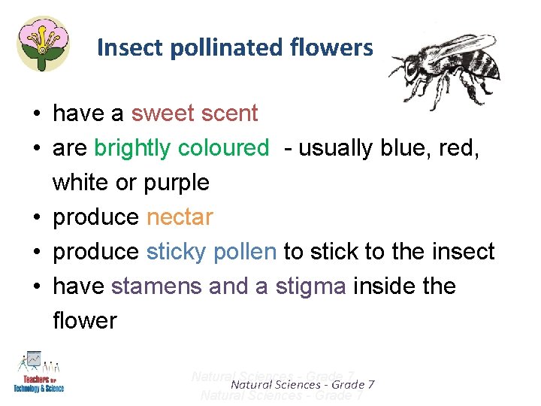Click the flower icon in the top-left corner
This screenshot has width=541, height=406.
[43, 43]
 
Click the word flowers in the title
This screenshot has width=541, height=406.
[335, 48]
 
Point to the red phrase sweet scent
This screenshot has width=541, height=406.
[194, 114]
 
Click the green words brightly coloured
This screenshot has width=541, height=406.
[181, 148]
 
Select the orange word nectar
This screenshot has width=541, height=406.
[180, 217]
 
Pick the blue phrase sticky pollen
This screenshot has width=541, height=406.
[211, 252]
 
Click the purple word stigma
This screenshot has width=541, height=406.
[309, 286]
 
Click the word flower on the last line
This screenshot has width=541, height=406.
[84, 321]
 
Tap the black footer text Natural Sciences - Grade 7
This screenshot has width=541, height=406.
[303, 385]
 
